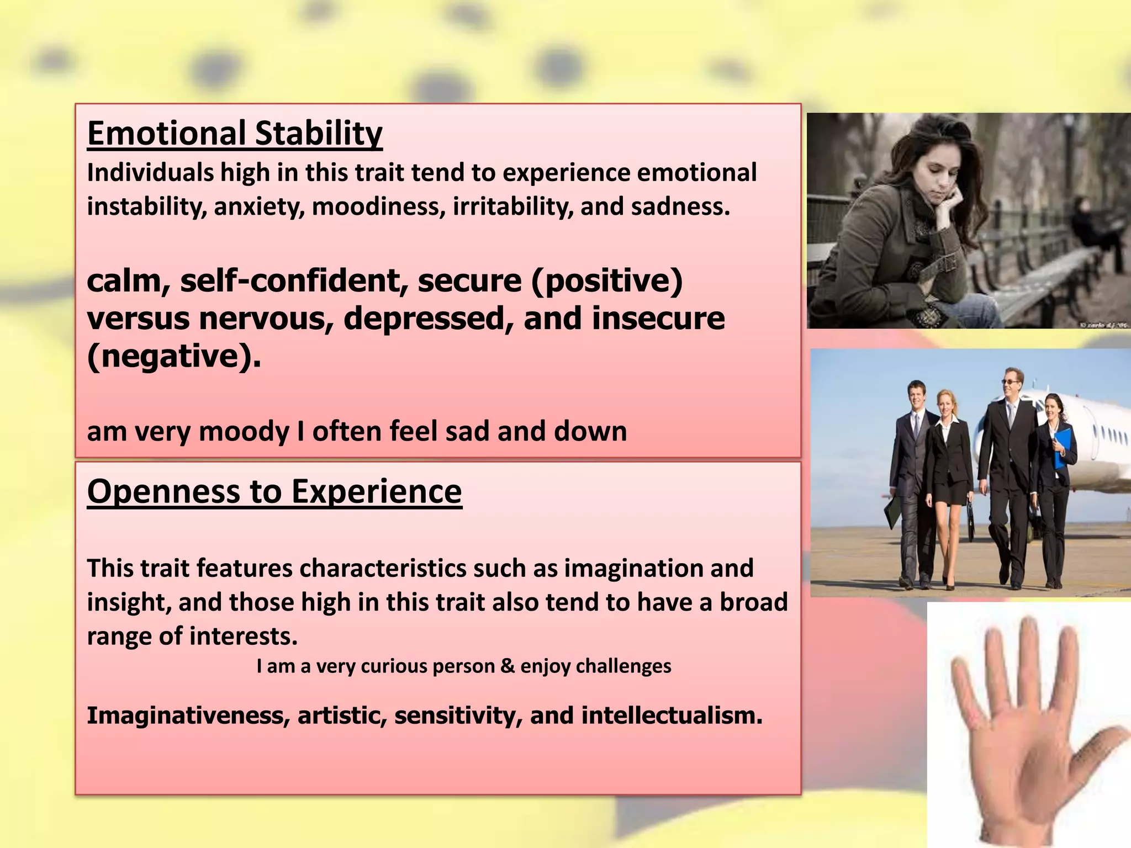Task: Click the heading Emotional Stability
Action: click(235, 134)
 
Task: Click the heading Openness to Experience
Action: click(274, 491)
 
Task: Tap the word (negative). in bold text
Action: click(174, 356)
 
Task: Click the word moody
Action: click(244, 431)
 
